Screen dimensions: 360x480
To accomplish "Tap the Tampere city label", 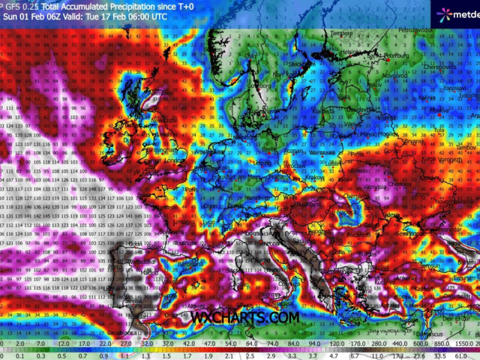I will pyautogui.click(x=342, y=33).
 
